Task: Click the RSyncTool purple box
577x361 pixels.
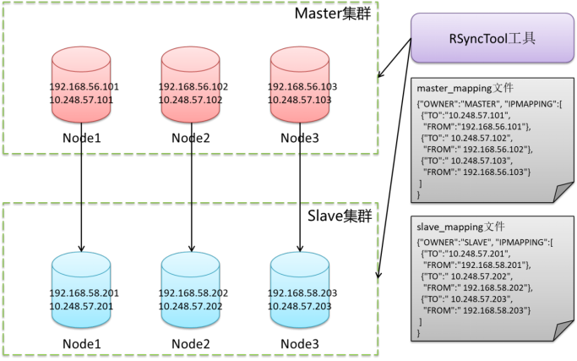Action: [x=492, y=38]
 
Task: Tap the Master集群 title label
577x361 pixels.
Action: [x=333, y=14]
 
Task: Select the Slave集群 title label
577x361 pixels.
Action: [x=340, y=216]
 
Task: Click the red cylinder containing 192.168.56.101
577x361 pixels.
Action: [x=81, y=85]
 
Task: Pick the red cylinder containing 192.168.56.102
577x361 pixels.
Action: [x=191, y=85]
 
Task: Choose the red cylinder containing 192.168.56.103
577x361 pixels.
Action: [x=300, y=85]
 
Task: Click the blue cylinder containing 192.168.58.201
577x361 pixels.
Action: [x=81, y=290]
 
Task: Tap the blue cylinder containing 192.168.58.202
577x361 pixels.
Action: [x=191, y=290]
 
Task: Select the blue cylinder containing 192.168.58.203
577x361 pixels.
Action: [x=300, y=290]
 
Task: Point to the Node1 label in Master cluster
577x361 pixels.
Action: [x=81, y=138]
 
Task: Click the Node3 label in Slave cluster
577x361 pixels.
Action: [x=300, y=344]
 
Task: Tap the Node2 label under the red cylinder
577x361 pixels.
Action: [x=191, y=138]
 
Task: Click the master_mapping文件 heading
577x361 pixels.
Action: [x=465, y=89]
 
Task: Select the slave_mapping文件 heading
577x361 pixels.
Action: [x=460, y=227]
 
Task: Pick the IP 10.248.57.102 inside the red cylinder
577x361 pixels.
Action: [x=190, y=100]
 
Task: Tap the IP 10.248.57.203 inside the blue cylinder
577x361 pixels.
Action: [x=300, y=306]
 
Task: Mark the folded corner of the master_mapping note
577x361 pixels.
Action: [x=563, y=192]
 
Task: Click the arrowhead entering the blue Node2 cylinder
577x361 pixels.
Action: [x=191, y=249]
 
